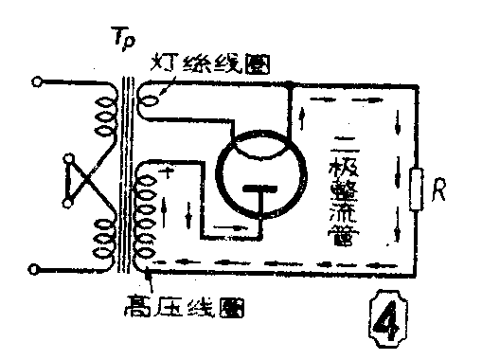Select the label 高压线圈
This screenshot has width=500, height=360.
pyautogui.click(x=181, y=309)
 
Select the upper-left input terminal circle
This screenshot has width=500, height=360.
pyautogui.click(x=37, y=81)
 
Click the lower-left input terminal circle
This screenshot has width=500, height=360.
pyautogui.click(x=37, y=269)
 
